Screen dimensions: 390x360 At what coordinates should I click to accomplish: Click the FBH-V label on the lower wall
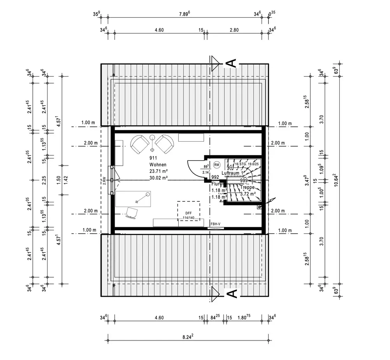(x=216, y=224)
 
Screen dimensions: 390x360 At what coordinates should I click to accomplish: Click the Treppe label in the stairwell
(x=247, y=187)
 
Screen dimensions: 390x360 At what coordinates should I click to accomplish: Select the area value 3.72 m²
(x=248, y=194)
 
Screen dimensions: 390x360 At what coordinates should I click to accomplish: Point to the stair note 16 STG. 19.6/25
(x=247, y=164)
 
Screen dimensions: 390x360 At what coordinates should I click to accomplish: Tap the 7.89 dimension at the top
(x=184, y=14)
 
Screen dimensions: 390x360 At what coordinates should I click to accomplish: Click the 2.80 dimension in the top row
(x=234, y=30)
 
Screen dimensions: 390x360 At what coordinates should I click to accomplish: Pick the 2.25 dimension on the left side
(x=44, y=180)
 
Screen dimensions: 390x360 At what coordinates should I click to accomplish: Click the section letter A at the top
(x=231, y=64)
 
